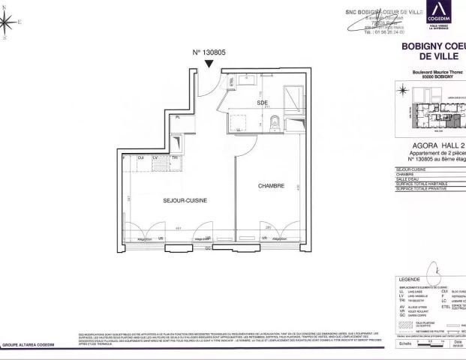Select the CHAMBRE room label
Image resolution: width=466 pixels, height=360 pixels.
270,185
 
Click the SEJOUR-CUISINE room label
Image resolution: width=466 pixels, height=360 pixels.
185,201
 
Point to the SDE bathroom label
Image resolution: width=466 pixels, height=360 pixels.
263,103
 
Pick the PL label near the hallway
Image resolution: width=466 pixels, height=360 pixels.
178,118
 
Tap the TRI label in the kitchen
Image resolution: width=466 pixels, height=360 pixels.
175,157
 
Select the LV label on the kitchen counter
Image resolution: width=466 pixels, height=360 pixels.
155,157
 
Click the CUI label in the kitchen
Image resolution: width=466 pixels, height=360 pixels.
140,157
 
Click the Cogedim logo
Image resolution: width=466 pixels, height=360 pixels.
437,18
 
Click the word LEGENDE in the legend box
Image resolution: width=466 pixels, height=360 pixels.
410,279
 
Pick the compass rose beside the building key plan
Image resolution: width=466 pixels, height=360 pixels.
404,91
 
